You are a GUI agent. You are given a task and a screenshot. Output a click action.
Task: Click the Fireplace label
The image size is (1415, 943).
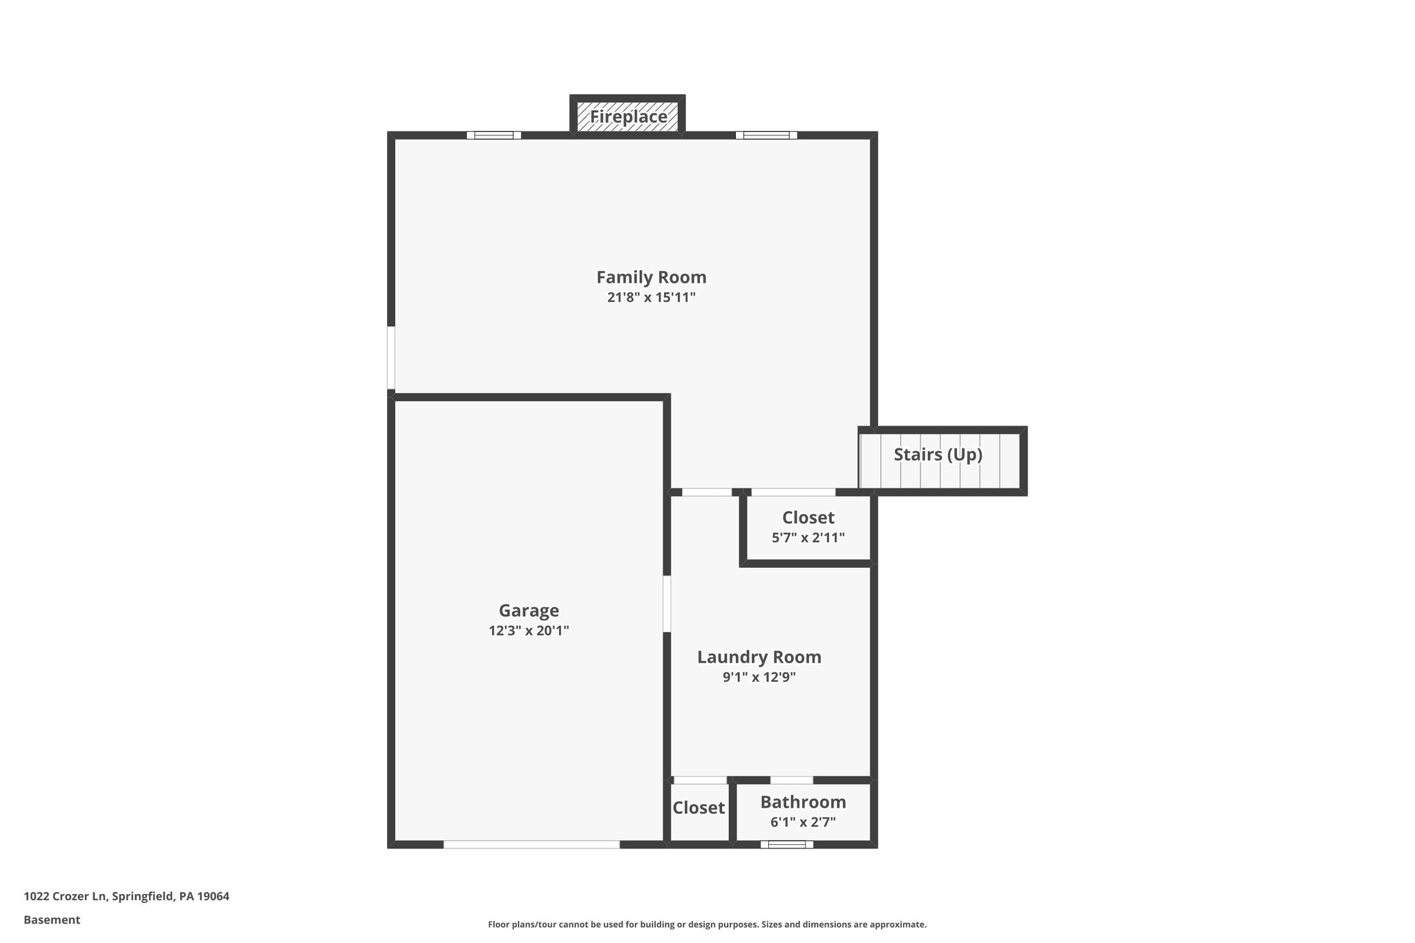pos(628,117)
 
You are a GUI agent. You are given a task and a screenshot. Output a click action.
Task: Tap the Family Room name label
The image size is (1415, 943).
pos(651,277)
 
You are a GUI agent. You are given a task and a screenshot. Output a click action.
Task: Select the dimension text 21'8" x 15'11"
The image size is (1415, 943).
pos(651,298)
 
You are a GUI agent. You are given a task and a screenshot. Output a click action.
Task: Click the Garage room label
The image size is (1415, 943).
pos(529,611)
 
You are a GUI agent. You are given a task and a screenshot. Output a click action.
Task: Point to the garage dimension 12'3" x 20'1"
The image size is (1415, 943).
pos(529,631)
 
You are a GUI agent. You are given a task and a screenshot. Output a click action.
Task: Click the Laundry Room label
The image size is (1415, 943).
pos(759,657)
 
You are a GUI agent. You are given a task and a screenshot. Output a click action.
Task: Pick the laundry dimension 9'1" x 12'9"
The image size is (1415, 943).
pos(759,677)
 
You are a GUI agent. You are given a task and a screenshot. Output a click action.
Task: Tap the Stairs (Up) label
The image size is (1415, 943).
pos(938,455)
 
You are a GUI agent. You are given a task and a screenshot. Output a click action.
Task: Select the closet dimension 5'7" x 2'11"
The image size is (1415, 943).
pos(808,537)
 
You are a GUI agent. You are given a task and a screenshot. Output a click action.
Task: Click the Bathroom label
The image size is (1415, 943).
pos(803,802)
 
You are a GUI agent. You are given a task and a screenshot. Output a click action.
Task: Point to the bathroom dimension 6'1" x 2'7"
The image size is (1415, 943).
pos(803,822)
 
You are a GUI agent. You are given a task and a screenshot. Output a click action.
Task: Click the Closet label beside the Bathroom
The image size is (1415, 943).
pos(699,808)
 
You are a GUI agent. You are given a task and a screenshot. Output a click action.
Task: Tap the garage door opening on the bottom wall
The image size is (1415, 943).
pos(531,844)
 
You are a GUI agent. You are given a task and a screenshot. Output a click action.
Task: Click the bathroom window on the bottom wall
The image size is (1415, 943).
pos(786,844)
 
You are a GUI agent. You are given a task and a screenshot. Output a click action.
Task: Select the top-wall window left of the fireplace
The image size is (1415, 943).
pos(493,135)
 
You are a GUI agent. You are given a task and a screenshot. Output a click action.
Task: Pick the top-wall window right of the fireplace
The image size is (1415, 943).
pos(766,135)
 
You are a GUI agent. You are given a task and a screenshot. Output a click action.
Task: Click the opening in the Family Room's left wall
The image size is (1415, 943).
pos(391,358)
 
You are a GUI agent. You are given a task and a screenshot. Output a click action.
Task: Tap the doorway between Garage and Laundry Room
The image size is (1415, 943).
pos(667,604)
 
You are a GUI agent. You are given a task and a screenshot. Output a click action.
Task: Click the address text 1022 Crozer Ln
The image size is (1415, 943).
pos(126,897)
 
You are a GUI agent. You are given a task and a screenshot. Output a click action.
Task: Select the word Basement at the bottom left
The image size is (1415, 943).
pos(52,920)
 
